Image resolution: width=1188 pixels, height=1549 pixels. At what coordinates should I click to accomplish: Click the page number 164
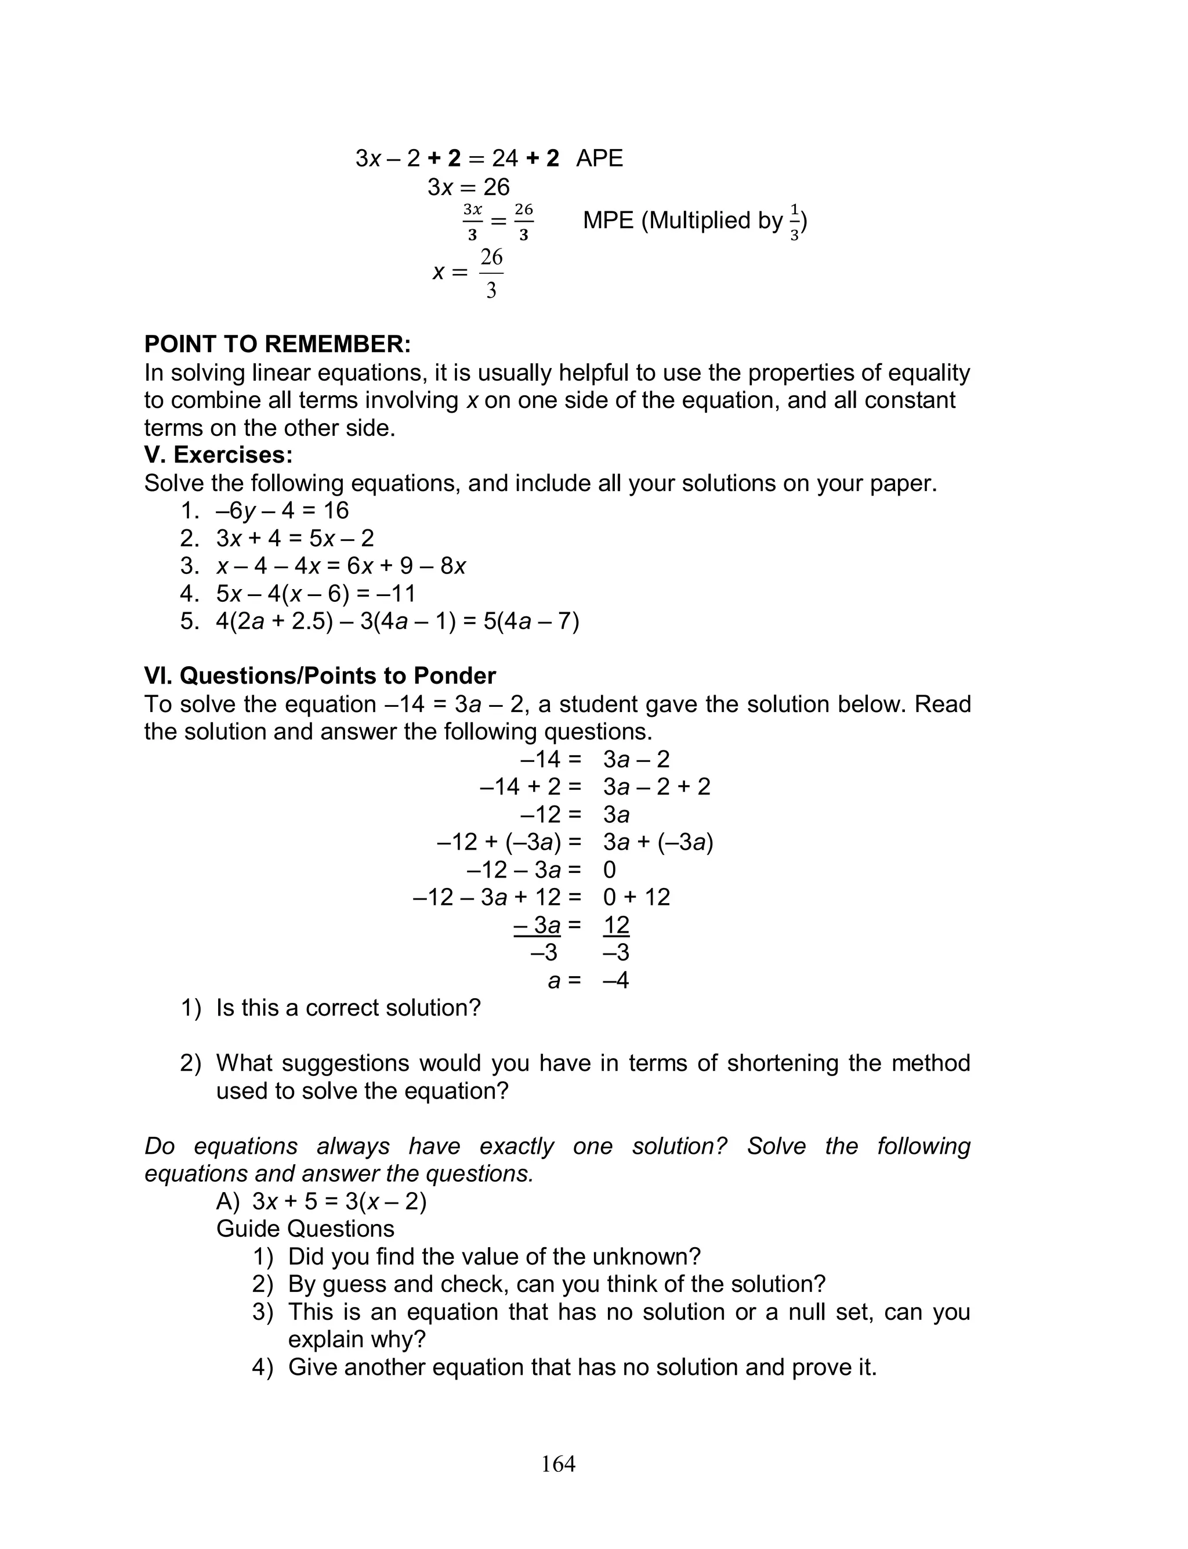click(558, 1464)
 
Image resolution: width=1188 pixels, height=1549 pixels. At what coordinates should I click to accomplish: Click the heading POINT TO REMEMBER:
click(277, 345)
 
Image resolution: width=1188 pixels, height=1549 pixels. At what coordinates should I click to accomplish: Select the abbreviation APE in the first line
click(599, 158)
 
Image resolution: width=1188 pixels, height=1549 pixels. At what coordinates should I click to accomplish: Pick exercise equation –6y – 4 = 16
click(282, 511)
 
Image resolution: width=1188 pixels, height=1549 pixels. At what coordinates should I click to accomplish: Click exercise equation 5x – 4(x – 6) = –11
click(316, 594)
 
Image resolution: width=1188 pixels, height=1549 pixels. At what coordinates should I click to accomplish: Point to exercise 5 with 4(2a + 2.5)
click(397, 622)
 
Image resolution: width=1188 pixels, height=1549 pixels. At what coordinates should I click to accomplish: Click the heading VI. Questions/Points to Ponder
click(320, 676)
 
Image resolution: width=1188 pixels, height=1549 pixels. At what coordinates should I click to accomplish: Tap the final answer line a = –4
click(588, 980)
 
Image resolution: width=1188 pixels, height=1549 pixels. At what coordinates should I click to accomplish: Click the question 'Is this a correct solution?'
click(348, 1008)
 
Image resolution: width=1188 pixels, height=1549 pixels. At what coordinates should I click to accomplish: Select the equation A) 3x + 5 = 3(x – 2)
click(321, 1202)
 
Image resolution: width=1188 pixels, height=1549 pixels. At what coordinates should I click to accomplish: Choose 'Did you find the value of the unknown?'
click(494, 1257)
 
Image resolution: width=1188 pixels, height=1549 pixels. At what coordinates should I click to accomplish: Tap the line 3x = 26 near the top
click(468, 187)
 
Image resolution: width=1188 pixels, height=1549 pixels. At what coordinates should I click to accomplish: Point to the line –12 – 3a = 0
click(541, 870)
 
